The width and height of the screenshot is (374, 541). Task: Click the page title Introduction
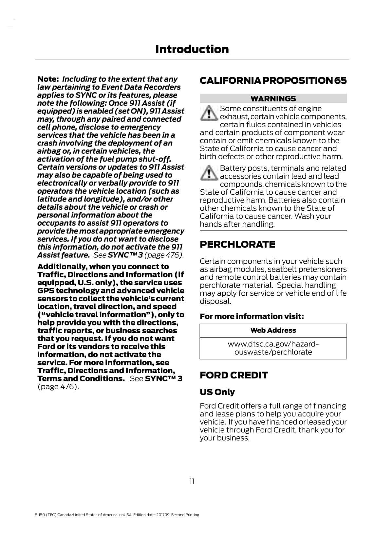tap(192, 49)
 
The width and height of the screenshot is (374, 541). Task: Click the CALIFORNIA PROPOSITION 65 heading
tap(273, 80)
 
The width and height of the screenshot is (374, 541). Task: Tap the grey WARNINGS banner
tap(273, 98)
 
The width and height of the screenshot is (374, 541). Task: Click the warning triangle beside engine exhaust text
tap(209, 113)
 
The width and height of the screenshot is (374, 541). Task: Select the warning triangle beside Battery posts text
tap(209, 172)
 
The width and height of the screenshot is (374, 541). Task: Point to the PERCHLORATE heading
tap(237, 244)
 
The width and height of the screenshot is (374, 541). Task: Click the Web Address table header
tap(273, 330)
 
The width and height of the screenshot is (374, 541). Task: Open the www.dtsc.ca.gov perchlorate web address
tap(273, 348)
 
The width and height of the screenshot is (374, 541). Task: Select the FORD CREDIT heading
tap(234, 375)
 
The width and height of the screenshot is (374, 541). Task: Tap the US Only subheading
tap(217, 392)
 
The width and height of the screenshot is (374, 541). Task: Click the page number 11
tap(192, 481)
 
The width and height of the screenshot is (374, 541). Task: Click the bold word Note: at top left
tap(48, 79)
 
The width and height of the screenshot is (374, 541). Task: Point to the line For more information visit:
tap(252, 316)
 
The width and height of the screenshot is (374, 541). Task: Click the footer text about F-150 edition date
tap(117, 515)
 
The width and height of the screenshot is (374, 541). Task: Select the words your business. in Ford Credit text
tap(224, 438)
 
